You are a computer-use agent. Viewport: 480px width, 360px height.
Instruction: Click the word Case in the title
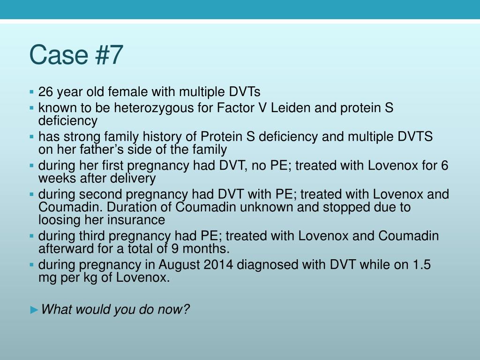point(59,55)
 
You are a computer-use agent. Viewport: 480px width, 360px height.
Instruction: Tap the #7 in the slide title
point(109,55)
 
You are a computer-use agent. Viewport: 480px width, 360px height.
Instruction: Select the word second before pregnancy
point(100,195)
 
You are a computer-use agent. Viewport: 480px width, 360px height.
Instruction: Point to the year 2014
point(218,265)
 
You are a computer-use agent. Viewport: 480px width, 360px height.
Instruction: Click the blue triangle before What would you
point(34,310)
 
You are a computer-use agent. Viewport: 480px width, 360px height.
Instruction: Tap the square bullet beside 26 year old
point(31,91)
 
